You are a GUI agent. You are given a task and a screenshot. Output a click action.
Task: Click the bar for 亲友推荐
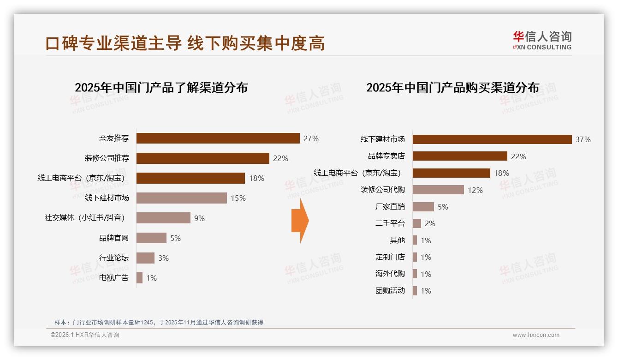218,138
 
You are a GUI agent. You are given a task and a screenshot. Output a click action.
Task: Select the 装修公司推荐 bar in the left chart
202,158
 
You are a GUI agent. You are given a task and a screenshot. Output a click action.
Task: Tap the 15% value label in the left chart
238,198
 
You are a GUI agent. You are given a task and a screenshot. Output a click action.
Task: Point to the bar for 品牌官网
151,238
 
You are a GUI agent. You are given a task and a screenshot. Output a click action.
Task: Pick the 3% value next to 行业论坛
164,258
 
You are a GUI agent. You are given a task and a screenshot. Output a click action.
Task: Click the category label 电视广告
114,278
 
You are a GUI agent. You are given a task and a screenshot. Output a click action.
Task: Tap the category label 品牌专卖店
386,156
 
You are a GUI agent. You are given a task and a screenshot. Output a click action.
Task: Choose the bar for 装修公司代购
438,190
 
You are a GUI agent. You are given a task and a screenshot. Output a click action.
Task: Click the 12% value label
475,190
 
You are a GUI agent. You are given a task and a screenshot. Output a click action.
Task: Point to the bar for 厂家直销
423,207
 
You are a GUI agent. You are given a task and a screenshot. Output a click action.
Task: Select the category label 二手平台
390,223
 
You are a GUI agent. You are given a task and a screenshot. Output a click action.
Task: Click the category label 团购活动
390,291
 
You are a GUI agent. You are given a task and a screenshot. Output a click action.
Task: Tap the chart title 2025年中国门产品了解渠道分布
161,87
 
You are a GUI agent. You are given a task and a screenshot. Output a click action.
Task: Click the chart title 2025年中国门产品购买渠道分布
452,87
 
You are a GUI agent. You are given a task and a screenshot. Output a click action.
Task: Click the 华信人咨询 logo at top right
542,40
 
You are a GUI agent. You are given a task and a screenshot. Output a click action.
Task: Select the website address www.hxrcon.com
536,335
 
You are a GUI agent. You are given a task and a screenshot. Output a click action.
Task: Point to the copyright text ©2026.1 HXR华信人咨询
85,335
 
